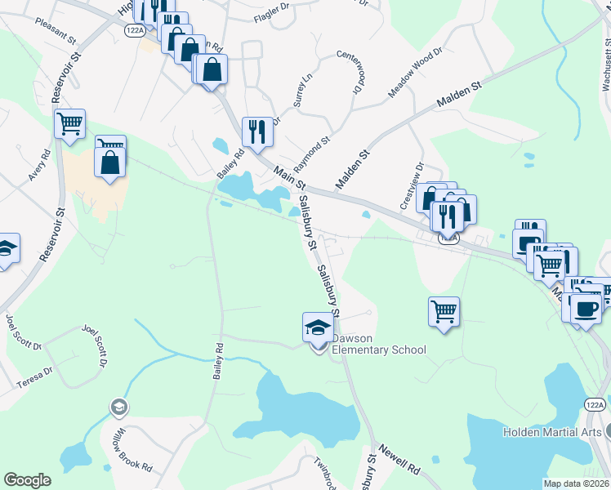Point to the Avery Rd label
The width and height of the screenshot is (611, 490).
(39, 166)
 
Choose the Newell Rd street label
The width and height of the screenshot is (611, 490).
(399, 461)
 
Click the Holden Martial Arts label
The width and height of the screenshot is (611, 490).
(551, 432)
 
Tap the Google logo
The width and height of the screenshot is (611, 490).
(27, 479)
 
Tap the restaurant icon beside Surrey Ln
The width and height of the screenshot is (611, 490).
(256, 131)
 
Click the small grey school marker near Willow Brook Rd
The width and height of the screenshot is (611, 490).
(118, 407)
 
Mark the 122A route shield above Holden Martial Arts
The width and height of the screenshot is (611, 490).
(595, 404)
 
